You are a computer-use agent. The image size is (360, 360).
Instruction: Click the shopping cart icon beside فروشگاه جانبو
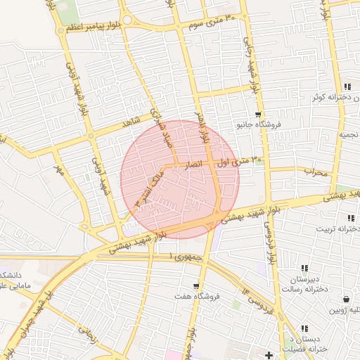(x=258, y=114)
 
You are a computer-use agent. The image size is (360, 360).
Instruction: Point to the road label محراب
(x=316, y=172)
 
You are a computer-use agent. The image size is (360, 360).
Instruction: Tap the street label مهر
(x=59, y=169)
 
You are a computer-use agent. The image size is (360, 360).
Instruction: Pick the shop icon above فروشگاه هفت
(x=196, y=286)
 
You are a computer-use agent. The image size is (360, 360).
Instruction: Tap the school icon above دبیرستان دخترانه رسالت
(x=304, y=268)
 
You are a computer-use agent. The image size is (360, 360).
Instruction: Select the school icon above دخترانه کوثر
(x=347, y=86)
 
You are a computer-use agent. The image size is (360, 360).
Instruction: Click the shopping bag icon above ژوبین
(x=345, y=298)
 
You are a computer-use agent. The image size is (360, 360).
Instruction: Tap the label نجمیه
(x=348, y=134)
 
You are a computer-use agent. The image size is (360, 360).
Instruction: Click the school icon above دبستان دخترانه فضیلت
(x=304, y=328)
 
